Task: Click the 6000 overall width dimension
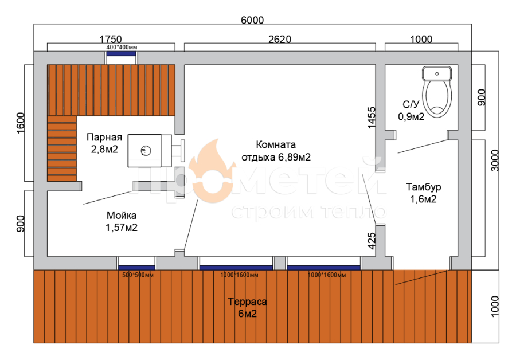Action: pyautogui.click(x=252, y=20)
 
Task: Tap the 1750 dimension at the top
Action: pyautogui.click(x=111, y=39)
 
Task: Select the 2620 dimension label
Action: pyautogui.click(x=280, y=39)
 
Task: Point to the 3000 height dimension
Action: pyautogui.click(x=495, y=161)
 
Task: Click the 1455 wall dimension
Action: pyautogui.click(x=372, y=118)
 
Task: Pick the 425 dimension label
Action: pyautogui.click(x=372, y=241)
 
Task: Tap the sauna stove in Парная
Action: pyautogui.click(x=157, y=151)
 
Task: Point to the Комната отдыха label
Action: pyautogui.click(x=276, y=151)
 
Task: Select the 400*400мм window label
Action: pyautogui.click(x=122, y=48)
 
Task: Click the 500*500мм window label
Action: pyautogui.click(x=138, y=275)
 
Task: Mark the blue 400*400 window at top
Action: pyautogui.click(x=121, y=54)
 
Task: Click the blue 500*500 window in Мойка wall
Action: pyautogui.click(x=136, y=268)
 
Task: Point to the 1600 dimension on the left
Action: pyautogui.click(x=21, y=123)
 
